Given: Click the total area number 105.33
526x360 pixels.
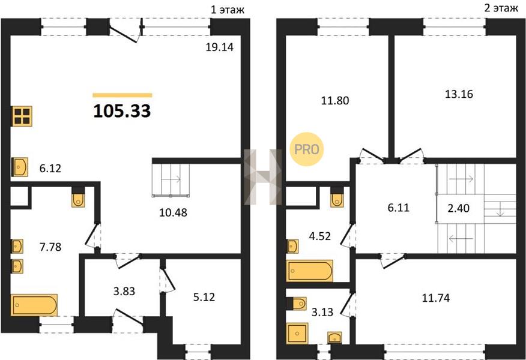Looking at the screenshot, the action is point(122,111).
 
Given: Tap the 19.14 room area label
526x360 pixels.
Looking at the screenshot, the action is point(219,47).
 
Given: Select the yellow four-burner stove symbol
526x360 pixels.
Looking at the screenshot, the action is point(22,116).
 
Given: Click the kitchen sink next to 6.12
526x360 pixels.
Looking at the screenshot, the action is point(20,167).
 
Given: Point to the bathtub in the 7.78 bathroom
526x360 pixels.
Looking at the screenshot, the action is point(34,305).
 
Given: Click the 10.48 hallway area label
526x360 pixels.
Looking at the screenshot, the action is point(173,212).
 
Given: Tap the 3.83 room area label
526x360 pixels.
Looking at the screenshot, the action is point(124,291).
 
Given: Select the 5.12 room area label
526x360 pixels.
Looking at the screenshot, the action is point(204,297).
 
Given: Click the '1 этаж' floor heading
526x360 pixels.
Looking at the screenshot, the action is point(228,10).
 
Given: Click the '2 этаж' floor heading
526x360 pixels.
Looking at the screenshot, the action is point(501,8).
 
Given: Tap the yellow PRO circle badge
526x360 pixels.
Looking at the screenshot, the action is point(306,149).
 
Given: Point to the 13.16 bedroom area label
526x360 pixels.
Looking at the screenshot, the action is point(459,94).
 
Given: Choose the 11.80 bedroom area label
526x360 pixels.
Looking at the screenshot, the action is point(335,100).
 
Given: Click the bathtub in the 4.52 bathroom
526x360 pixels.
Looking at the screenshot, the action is point(310,271).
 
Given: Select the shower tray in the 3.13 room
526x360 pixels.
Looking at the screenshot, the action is point(297,333).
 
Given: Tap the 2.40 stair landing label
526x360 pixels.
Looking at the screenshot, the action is point(459,208).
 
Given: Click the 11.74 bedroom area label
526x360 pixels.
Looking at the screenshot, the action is point(435,298).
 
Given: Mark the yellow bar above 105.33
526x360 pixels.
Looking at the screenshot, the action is point(122,95).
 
